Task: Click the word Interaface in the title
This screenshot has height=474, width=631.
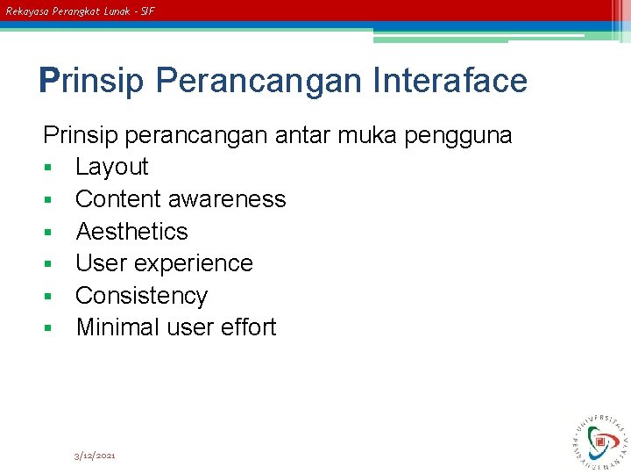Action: pyautogui.click(x=450, y=81)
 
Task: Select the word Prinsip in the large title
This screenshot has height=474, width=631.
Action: pyautogui.click(x=92, y=81)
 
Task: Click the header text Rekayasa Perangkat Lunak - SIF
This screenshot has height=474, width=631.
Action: pyautogui.click(x=80, y=11)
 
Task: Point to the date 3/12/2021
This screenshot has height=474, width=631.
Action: pyautogui.click(x=95, y=456)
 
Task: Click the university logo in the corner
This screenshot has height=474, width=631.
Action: pyautogui.click(x=600, y=439)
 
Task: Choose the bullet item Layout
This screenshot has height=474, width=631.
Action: pyautogui.click(x=112, y=167)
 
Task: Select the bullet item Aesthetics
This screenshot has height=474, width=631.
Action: pyautogui.click(x=131, y=232)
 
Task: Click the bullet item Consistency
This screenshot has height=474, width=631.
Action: pyautogui.click(x=141, y=296)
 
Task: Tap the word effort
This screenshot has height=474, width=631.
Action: pyautogui.click(x=248, y=327)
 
